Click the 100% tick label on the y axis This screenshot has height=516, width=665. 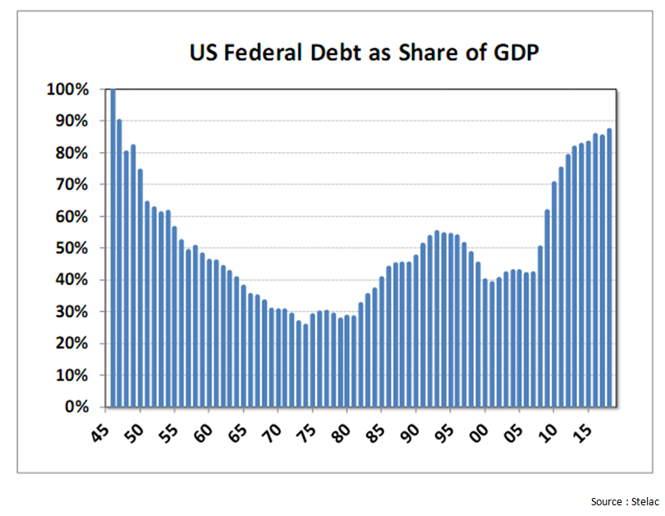point(69,90)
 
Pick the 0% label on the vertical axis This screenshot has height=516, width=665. point(77,407)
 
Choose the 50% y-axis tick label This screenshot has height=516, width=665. point(73,248)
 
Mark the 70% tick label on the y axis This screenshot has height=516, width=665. point(73,185)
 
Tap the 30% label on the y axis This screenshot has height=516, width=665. point(73,311)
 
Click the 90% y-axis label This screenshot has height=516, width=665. point(73,121)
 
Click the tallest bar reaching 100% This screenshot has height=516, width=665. point(112,246)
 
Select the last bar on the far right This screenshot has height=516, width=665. point(609,268)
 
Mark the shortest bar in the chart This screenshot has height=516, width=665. point(305,366)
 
